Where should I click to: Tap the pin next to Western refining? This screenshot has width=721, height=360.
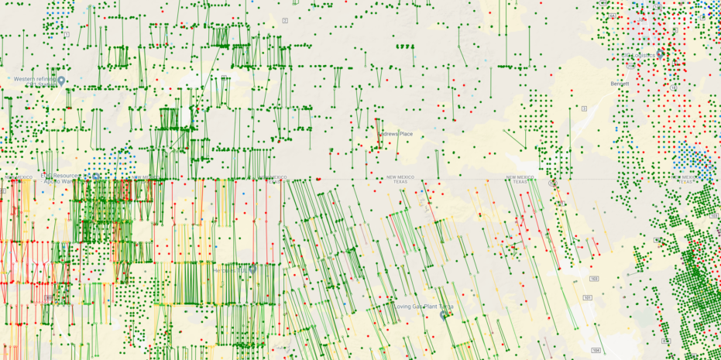pyautogui.click(x=61, y=81)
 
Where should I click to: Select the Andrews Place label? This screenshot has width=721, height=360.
pyautogui.click(x=396, y=135)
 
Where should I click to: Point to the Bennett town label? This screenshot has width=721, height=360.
pyautogui.click(x=620, y=84)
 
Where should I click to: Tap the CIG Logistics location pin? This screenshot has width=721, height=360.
pyautogui.click(x=660, y=53)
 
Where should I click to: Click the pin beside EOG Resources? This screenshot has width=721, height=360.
pyautogui.click(x=95, y=177)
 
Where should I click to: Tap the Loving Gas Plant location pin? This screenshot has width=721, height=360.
pyautogui.click(x=444, y=315)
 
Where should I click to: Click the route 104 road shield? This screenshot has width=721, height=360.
pyautogui.click(x=595, y=350)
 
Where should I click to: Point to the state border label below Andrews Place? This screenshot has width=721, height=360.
pyautogui.click(x=400, y=179)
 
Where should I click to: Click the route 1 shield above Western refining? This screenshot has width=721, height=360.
pyautogui.click(x=67, y=35)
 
